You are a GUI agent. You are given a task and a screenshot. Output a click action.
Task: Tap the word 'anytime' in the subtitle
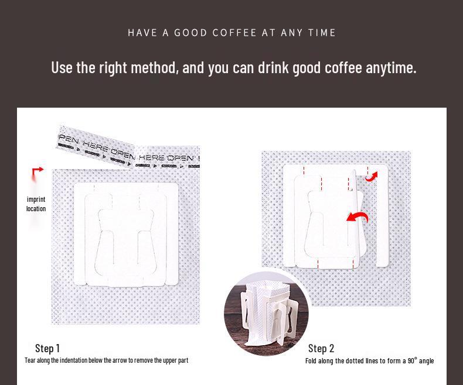coord(390,68)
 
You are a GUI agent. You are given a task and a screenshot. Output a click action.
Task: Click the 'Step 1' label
coord(47,348)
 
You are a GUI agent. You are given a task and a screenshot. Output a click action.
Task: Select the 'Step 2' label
coord(321,348)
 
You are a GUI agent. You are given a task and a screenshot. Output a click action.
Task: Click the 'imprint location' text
coord(36,204)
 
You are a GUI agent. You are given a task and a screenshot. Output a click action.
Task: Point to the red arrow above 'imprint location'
coord(38,172)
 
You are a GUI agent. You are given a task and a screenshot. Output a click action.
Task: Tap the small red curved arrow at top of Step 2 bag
coord(372,176)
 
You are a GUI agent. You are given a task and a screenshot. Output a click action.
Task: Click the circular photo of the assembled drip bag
coord(266,315)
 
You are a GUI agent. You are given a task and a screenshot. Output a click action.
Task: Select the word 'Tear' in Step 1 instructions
coord(30,360)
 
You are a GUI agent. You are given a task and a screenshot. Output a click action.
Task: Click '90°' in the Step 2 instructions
coord(412,360)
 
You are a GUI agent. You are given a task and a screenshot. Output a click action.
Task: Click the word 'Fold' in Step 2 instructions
coord(311,360)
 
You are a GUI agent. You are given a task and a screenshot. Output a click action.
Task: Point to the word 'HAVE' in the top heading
coord(142,33)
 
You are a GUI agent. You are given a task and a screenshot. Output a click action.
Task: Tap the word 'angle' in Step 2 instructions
coord(426,360)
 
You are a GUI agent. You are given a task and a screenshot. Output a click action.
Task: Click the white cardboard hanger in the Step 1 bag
coord(126,234)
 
